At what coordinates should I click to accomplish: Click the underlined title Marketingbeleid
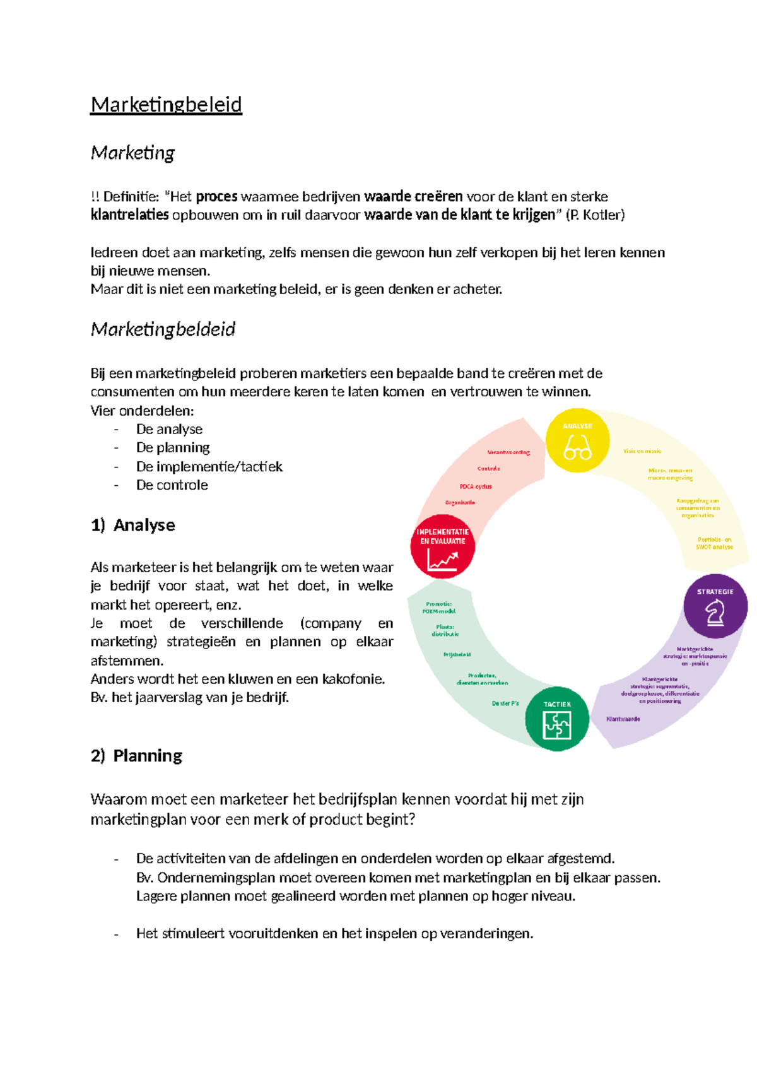[166, 105]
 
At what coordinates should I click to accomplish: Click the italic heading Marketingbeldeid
[163, 329]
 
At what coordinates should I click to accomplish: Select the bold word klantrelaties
[129, 215]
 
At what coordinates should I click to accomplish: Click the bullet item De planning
[173, 448]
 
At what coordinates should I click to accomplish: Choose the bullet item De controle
[172, 485]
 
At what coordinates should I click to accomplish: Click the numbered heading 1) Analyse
[132, 525]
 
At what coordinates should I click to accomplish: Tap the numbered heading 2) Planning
[136, 756]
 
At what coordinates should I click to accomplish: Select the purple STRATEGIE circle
[715, 606]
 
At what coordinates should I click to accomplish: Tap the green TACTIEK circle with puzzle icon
[557, 719]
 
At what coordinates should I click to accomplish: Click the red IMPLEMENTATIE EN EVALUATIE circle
[442, 547]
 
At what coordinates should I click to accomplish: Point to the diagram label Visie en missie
[642, 451]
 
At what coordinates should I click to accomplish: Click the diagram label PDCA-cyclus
[476, 486]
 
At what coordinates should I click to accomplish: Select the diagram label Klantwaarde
[623, 719]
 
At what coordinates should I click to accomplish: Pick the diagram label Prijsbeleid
[457, 655]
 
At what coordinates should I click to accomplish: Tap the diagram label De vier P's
[505, 703]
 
